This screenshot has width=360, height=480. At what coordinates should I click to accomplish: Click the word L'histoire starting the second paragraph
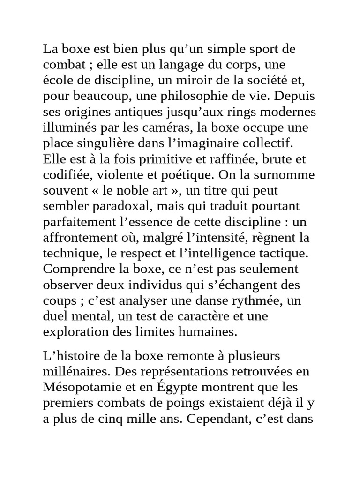click(67, 356)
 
